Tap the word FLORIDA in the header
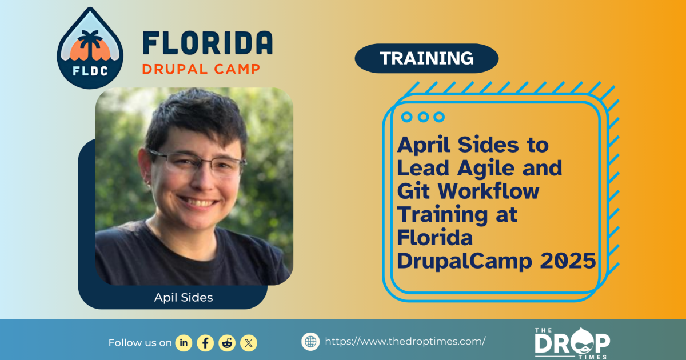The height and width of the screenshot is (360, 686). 207,43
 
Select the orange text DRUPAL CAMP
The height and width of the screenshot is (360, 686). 201,69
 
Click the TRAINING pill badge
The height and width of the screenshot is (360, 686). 426,58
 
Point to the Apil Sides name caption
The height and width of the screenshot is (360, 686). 183,298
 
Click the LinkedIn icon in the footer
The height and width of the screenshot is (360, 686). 184,343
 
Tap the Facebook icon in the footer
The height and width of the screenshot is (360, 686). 205,343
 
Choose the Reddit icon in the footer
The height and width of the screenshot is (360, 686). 227,343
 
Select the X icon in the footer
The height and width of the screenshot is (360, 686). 249,343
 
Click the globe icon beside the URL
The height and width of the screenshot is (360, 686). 310,342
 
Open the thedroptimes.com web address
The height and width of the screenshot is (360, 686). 405,342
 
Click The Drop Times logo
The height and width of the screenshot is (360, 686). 572,342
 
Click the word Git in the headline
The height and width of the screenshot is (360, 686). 412,191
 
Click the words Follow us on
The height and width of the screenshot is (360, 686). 140,343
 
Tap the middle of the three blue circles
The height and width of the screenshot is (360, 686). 423,117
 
